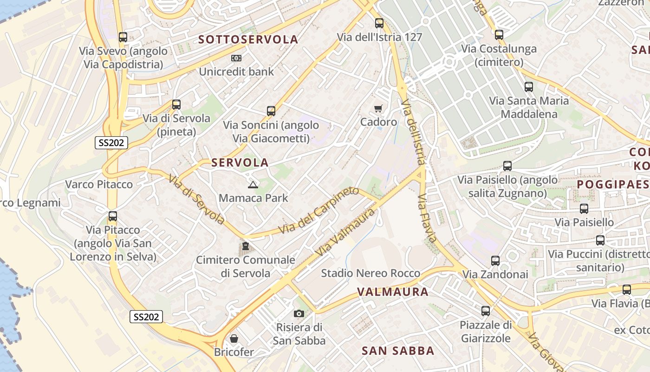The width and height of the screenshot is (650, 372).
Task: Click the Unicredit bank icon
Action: [x=236, y=58]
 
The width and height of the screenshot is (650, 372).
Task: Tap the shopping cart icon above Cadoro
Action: [x=378, y=108]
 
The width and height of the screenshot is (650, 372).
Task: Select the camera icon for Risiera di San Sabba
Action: [x=299, y=313]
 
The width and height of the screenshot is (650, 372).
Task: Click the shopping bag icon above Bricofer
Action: [x=234, y=338]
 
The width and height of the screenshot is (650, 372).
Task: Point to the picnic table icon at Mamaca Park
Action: [x=253, y=185]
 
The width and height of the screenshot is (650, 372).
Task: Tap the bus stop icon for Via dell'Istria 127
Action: [x=379, y=23]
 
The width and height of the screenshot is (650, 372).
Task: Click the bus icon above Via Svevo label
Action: [x=123, y=37]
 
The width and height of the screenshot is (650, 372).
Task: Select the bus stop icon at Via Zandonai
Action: [x=495, y=261]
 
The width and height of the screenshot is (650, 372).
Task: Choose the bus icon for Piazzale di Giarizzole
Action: [x=486, y=311]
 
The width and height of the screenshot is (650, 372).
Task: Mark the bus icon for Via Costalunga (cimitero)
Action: [x=499, y=35]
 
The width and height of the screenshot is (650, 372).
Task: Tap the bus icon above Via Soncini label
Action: [x=271, y=111]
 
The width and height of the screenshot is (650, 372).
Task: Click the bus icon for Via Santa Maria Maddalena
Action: [x=529, y=87]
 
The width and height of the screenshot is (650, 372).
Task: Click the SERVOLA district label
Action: [x=240, y=162]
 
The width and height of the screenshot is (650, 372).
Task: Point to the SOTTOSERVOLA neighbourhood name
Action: [x=248, y=40]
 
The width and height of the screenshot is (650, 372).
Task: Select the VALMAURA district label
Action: [x=393, y=292]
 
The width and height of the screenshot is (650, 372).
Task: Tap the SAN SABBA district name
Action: [x=398, y=351]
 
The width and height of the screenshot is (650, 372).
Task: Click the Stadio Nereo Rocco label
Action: [x=370, y=273]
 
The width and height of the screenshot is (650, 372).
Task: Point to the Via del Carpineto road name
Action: [x=318, y=211]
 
